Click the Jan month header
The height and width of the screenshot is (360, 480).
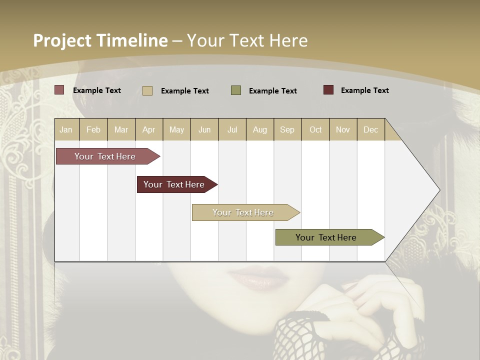coord(66,129)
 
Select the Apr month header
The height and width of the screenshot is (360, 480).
coord(148,129)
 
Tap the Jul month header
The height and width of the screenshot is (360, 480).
coord(232,129)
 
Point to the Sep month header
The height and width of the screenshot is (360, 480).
coord(287,129)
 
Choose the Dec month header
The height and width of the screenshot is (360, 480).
coord(370,129)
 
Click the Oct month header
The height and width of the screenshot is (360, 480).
coord(315,129)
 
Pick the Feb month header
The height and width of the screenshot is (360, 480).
coord(93,129)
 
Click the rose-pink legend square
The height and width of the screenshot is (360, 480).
coord(59,90)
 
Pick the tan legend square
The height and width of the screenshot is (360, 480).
coord(147,90)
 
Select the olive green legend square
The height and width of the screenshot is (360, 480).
coord(236,90)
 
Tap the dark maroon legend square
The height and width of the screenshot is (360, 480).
coord(328,90)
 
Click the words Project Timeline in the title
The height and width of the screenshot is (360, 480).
coord(100,40)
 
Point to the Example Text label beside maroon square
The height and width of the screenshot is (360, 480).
coord(364,90)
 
